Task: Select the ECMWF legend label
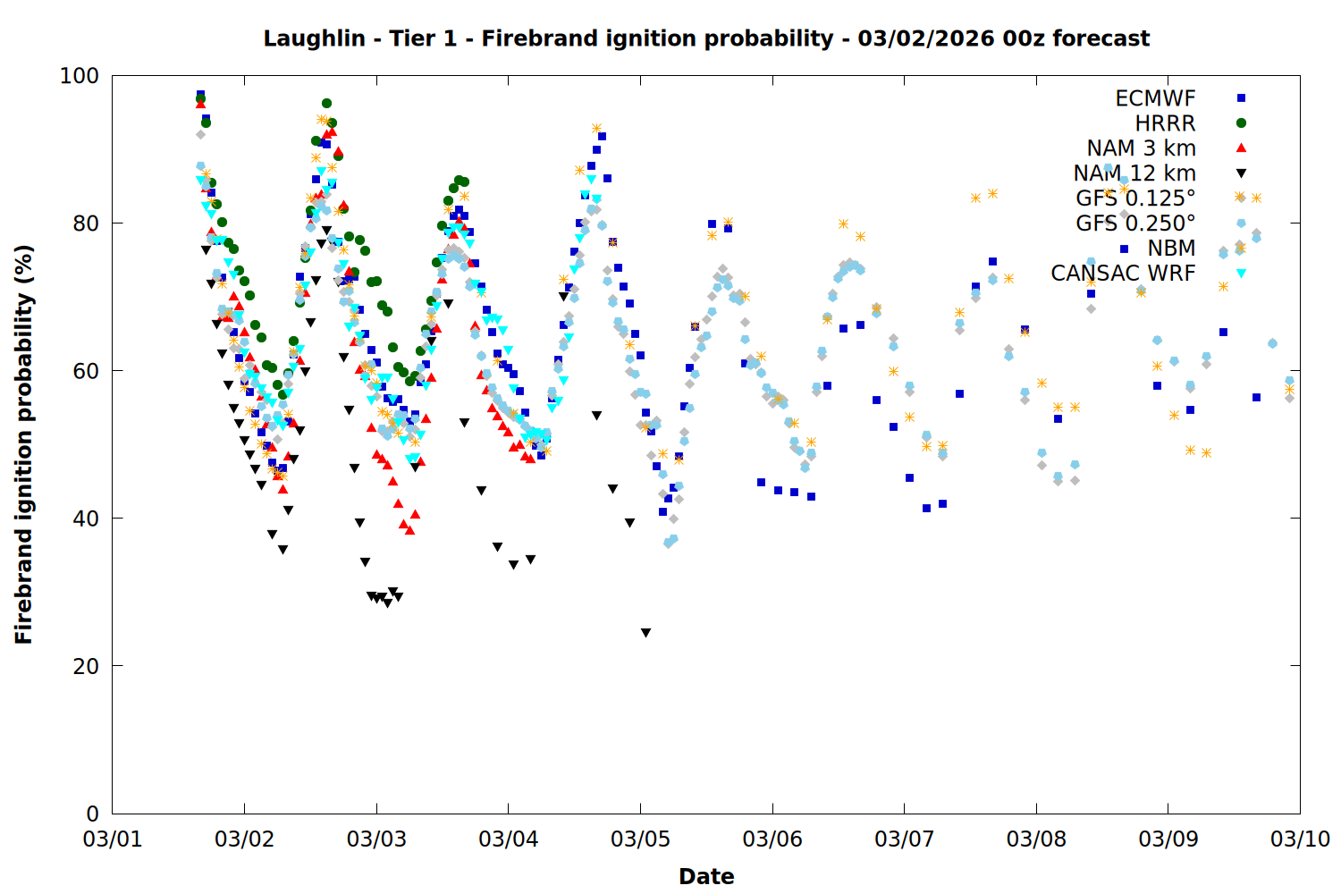pos(1155,98)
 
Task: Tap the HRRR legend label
pos(1165,123)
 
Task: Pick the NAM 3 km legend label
pos(1141,148)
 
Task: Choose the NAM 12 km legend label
pos(1134,173)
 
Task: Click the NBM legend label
pos(1171,249)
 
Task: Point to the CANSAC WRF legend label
pos(1123,274)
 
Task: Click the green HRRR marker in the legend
pos(1241,123)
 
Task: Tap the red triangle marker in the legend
pos(1241,148)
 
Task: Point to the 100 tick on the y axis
pos(80,76)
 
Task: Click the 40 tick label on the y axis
pos(86,519)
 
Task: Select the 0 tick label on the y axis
pos(93,814)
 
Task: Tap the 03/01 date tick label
pos(113,839)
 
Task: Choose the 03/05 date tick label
pos(640,839)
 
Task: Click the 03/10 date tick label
pos(1300,839)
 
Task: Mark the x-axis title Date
pos(706,876)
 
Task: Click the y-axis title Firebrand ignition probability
pos(24,444)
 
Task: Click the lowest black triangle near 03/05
pos(645,633)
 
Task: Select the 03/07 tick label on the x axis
pos(904,839)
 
